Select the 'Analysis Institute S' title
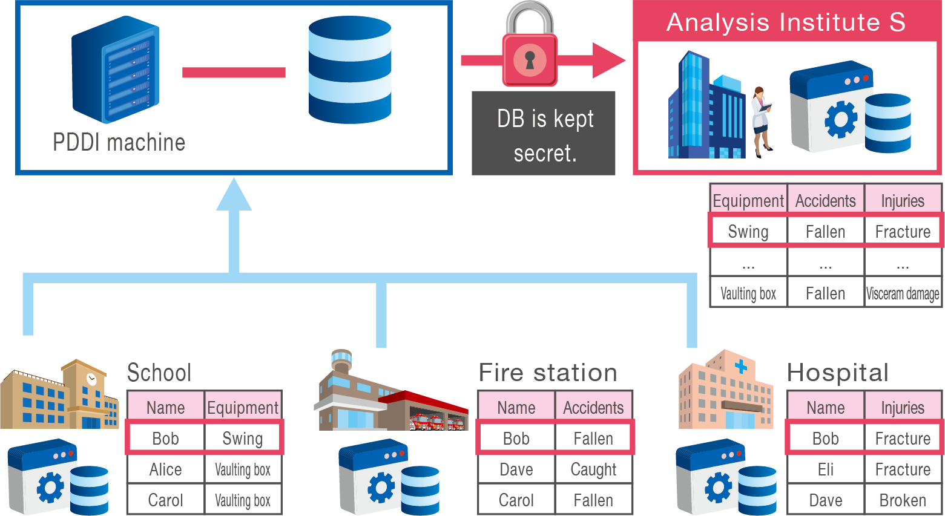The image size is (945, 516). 786,22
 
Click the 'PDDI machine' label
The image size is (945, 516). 119,143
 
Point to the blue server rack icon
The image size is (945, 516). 115,70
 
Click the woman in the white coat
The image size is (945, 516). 761,121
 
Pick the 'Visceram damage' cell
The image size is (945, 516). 903,293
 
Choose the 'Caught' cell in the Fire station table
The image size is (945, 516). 593,469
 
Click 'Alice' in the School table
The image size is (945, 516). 165,469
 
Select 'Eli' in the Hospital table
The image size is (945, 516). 825,469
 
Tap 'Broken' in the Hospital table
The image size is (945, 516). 903,500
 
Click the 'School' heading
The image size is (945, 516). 159,373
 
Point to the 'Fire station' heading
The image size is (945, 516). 548,373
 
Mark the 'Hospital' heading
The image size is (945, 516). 837,373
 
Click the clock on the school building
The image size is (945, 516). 92,379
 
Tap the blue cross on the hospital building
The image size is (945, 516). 740,367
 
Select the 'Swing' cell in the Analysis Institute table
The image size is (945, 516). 748,232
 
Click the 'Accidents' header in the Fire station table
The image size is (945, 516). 593,408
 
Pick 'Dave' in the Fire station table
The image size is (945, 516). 516,469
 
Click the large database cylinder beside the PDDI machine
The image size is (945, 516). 350,70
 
